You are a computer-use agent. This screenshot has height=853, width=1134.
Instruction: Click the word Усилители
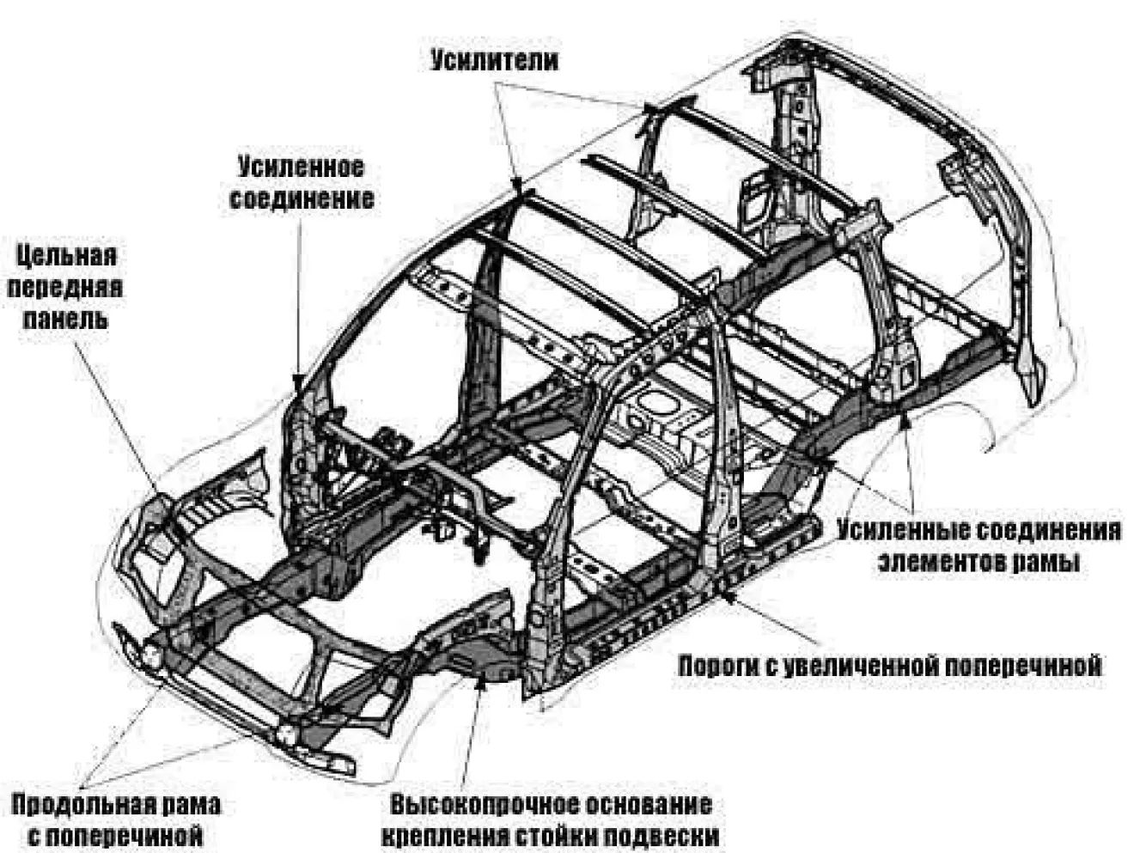pos(495,61)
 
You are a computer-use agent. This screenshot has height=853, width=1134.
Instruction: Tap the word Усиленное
pos(302,168)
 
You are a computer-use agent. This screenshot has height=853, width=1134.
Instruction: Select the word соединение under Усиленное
pos(302,200)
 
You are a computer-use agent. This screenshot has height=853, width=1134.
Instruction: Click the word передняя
pos(64,288)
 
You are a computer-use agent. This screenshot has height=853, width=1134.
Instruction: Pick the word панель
pos(65,320)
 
